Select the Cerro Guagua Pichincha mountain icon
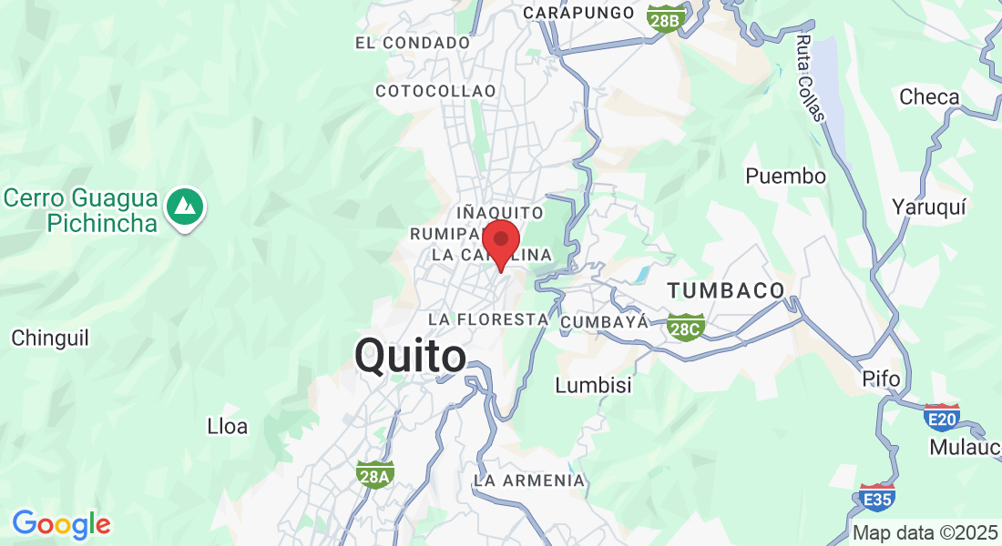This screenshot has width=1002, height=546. (x=186, y=208)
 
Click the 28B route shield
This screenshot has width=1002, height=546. (x=665, y=18)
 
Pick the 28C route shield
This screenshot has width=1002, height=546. (x=684, y=326)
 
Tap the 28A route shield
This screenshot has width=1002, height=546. (x=374, y=473)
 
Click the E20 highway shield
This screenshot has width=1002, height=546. (x=941, y=417)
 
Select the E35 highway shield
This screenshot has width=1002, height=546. (x=877, y=497)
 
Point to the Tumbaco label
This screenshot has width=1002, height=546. (x=726, y=291)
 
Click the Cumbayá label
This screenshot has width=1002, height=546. (x=605, y=322)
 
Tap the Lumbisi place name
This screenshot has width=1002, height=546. (x=593, y=385)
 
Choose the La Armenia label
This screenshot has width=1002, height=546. (x=529, y=480)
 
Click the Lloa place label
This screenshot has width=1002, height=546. (x=227, y=426)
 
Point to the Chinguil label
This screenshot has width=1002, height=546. (x=50, y=338)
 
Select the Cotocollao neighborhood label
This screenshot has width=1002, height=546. (x=435, y=91)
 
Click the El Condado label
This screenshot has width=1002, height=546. (x=413, y=43)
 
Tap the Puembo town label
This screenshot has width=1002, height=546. (x=785, y=176)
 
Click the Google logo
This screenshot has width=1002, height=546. (x=61, y=524)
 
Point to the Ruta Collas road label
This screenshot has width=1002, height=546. (x=809, y=78)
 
